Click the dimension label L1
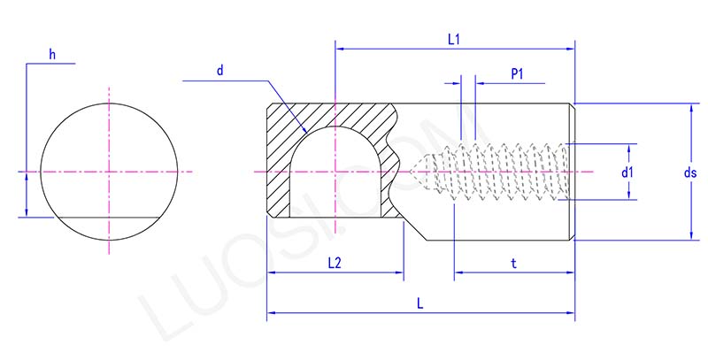click(x=456, y=39)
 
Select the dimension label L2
click(x=335, y=263)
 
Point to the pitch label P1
click(x=519, y=74)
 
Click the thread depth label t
click(x=514, y=263)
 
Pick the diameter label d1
click(x=627, y=172)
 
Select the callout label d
click(x=219, y=71)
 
